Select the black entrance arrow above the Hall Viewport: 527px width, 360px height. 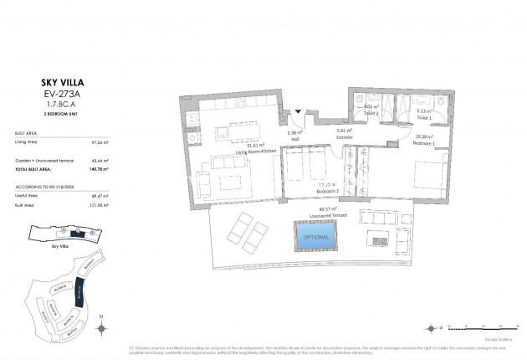click(x=299, y=111)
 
